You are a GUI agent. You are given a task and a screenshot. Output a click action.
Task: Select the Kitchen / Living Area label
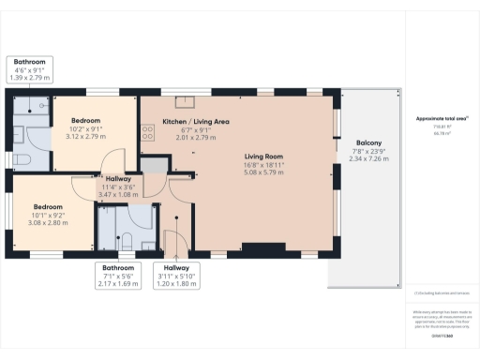196,122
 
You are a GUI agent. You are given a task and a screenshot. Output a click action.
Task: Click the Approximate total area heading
442,119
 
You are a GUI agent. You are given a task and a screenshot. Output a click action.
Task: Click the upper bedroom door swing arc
112,161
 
